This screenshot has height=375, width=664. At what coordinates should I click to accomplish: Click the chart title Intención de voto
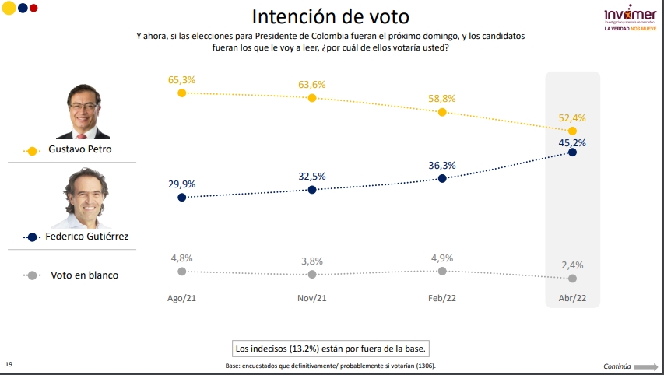(331, 16)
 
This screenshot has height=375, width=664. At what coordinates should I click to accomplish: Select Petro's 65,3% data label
(181, 79)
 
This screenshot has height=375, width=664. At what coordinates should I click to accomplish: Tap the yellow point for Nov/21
(312, 98)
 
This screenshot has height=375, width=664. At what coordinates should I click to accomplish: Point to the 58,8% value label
(442, 99)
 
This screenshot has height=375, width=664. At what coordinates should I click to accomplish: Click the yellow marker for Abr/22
(573, 131)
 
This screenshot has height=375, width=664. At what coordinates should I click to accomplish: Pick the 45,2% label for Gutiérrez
(573, 142)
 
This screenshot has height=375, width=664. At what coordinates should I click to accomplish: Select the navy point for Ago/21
(181, 198)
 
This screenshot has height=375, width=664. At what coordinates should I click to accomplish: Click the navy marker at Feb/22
(442, 178)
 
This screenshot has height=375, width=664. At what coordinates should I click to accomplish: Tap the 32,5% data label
(312, 177)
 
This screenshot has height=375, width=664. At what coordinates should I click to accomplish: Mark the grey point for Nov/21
(312, 274)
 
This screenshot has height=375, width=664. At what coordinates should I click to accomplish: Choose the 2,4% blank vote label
(573, 265)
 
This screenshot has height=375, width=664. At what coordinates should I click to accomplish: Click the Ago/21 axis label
(181, 299)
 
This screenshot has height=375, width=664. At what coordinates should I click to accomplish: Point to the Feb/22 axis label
(442, 299)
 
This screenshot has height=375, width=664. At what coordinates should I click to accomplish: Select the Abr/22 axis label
(573, 299)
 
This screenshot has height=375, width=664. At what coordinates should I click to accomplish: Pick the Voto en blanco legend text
(85, 275)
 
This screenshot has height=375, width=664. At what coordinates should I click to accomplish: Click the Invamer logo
(630, 19)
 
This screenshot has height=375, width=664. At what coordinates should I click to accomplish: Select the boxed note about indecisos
(332, 348)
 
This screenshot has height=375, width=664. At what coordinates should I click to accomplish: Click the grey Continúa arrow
(645, 366)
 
